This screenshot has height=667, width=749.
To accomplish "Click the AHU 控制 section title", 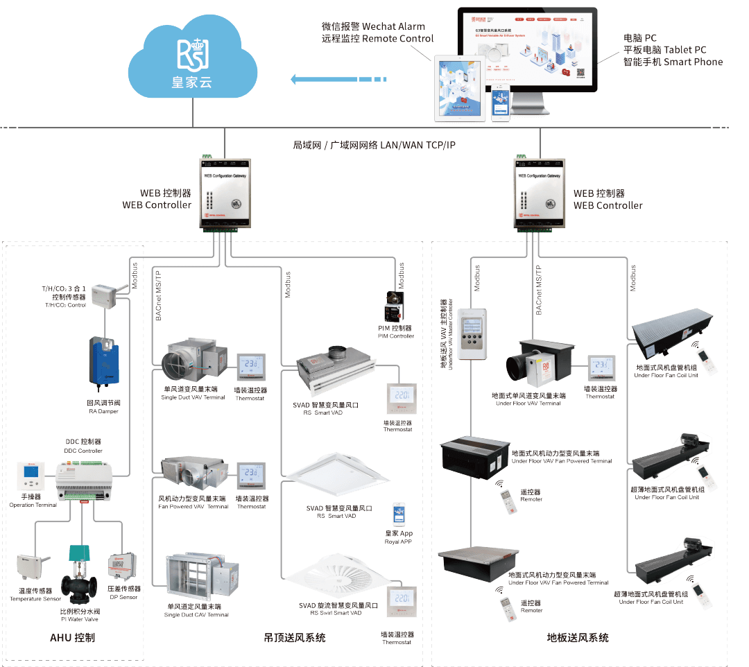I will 73,636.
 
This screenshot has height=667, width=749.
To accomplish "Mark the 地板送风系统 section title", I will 579,636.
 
